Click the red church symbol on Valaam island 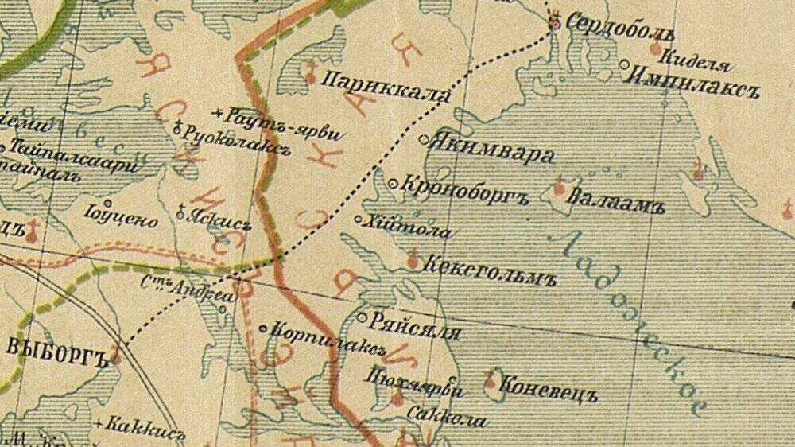click(x=558, y=188)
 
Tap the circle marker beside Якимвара click(x=425, y=140)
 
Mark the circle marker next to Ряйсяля click(x=363, y=317)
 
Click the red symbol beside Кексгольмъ click(x=412, y=259)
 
